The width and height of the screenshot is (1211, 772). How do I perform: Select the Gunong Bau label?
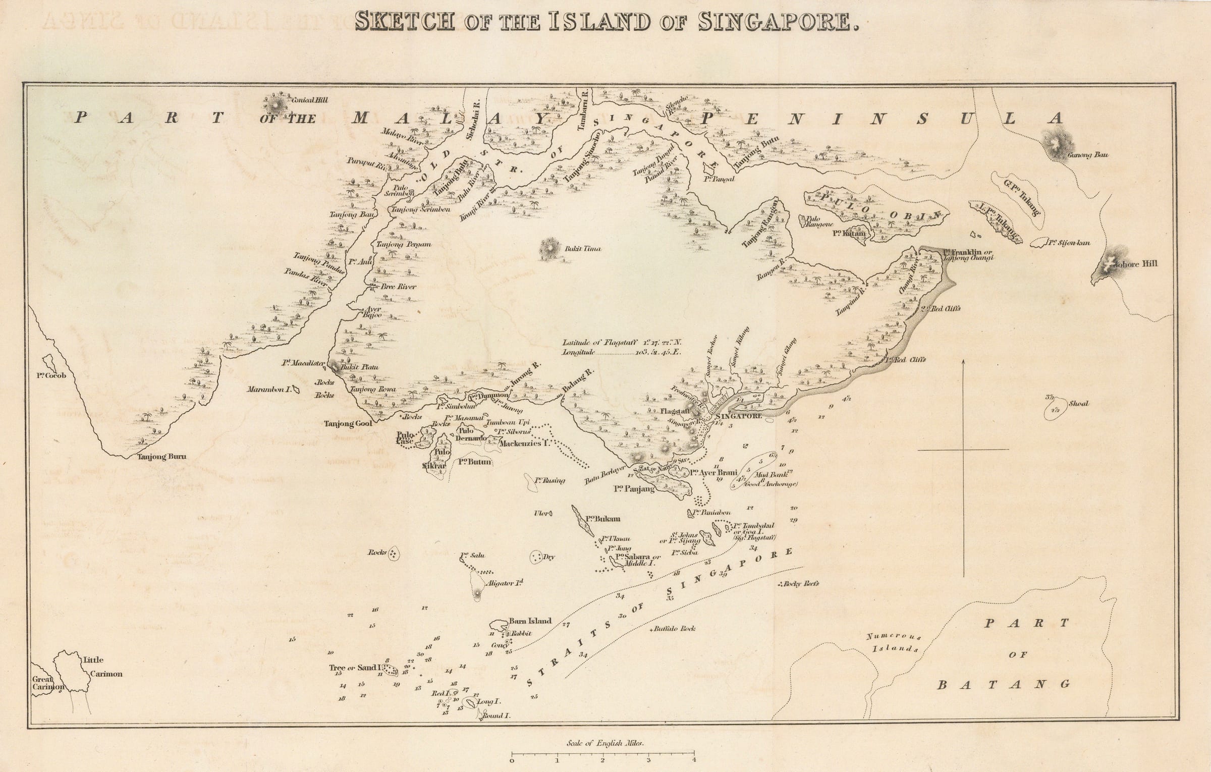click(x=1087, y=155)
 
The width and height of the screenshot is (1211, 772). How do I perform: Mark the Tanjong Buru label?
click(x=161, y=457)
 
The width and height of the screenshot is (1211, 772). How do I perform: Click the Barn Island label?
click(x=530, y=621)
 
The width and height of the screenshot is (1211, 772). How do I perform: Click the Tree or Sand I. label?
click(x=356, y=668)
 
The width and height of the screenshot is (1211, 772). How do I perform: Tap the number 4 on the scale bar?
click(x=694, y=760)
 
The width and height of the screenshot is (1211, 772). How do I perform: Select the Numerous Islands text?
click(x=896, y=642)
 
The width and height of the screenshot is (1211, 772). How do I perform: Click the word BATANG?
click(x=1004, y=685)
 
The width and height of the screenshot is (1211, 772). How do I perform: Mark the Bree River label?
click(x=398, y=287)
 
